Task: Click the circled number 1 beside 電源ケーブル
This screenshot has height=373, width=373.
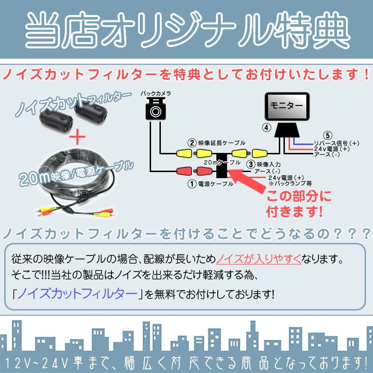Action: tap(191, 184)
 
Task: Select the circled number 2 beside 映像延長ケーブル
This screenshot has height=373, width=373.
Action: tap(191, 143)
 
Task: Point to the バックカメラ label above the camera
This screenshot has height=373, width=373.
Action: tap(156, 94)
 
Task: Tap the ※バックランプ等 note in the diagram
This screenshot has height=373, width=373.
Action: tap(285, 183)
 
